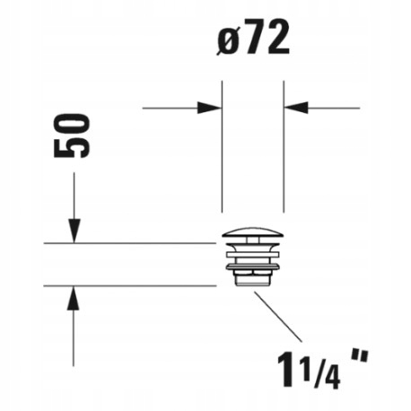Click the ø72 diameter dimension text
click(253, 38)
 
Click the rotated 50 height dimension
click(72, 136)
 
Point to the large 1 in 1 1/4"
click(285, 369)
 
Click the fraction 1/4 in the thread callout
click(320, 373)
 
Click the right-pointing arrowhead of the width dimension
click(209, 108)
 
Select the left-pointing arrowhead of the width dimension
click(296, 108)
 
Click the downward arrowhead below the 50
click(74, 231)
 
